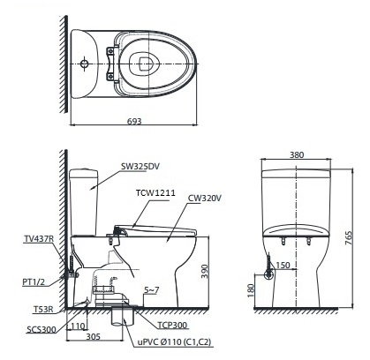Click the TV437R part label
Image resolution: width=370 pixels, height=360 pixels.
coord(39,239)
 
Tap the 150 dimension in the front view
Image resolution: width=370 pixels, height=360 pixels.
coord(283,266)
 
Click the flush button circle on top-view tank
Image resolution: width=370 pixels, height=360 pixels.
coord(83,64)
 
